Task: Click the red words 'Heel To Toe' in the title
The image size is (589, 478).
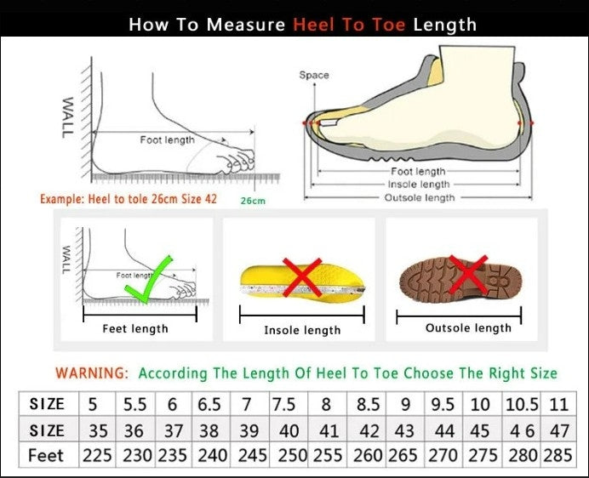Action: tap(350, 24)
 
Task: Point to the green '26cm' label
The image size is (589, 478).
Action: tap(253, 201)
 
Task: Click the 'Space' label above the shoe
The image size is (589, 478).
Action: tap(313, 76)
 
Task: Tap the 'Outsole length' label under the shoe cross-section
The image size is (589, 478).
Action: tap(421, 198)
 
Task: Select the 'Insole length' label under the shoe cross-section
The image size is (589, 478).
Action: tap(419, 185)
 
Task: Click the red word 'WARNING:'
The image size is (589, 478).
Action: tap(92, 373)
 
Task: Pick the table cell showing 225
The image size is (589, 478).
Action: tap(97, 455)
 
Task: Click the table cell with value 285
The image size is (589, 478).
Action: tap(558, 455)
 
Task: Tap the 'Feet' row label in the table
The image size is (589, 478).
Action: tap(46, 455)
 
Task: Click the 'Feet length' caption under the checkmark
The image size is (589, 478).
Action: tap(135, 329)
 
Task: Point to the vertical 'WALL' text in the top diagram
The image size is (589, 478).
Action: tap(67, 117)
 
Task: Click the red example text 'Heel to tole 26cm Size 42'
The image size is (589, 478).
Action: tap(129, 198)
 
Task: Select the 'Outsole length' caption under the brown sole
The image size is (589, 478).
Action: tap(468, 328)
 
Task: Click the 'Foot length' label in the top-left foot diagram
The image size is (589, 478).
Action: tap(168, 139)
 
